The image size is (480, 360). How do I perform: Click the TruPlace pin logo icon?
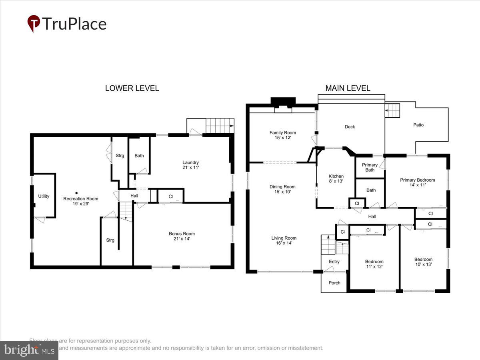[34, 23]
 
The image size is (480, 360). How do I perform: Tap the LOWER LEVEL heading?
[132, 88]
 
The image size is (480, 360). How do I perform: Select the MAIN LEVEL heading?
[348, 88]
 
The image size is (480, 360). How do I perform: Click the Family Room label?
[282, 135]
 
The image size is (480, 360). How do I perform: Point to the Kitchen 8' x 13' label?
[336, 179]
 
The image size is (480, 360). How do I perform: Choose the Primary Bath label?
[370, 167]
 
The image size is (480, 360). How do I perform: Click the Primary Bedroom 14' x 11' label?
[417, 182]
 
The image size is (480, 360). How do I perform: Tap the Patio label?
[418, 125]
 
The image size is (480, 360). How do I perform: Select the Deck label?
[350, 127]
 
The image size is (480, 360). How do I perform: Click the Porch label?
[334, 283]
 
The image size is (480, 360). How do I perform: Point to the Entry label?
[334, 262]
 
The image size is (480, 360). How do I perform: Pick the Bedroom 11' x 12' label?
[374, 264]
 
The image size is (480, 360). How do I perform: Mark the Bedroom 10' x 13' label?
[423, 262]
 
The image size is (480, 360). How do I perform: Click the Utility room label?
[44, 196]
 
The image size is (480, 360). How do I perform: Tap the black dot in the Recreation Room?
[76, 193]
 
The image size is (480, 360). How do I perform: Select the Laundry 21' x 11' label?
[190, 165]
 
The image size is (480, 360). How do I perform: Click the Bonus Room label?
[182, 236]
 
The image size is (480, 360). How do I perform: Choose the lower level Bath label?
[139, 156]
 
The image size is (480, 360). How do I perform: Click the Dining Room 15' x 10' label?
[282, 189]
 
